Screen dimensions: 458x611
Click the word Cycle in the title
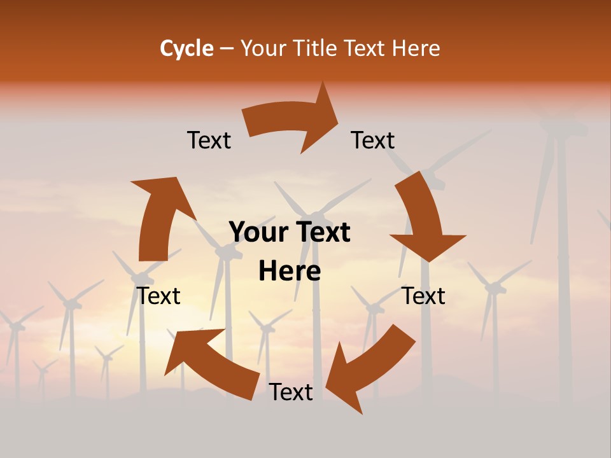(186, 48)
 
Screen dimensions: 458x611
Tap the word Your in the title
(261, 48)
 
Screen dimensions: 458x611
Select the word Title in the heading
(315, 48)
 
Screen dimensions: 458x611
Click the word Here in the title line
(416, 48)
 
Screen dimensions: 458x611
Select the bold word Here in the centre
(290, 272)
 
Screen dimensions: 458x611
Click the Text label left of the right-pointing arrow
(209, 141)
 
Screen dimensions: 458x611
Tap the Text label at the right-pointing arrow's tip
(373, 141)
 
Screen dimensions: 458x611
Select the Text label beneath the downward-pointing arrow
(423, 296)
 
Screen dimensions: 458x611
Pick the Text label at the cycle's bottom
(291, 392)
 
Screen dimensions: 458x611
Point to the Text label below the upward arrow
(158, 296)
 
